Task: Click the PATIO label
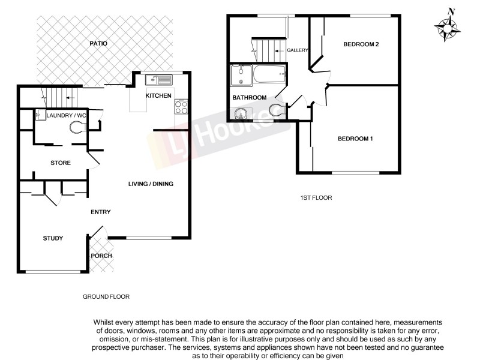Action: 98,44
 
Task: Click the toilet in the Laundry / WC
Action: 77,126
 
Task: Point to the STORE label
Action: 61,163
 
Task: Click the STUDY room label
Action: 53,239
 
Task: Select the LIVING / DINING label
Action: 152,184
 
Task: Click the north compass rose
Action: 448,27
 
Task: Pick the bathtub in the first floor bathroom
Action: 269,76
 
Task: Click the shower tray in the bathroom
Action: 241,76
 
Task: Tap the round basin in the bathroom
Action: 243,113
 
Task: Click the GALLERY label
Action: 298,50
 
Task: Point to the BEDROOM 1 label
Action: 355,139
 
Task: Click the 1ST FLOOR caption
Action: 316,197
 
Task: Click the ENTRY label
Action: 100,212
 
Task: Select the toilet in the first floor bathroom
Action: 277,110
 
